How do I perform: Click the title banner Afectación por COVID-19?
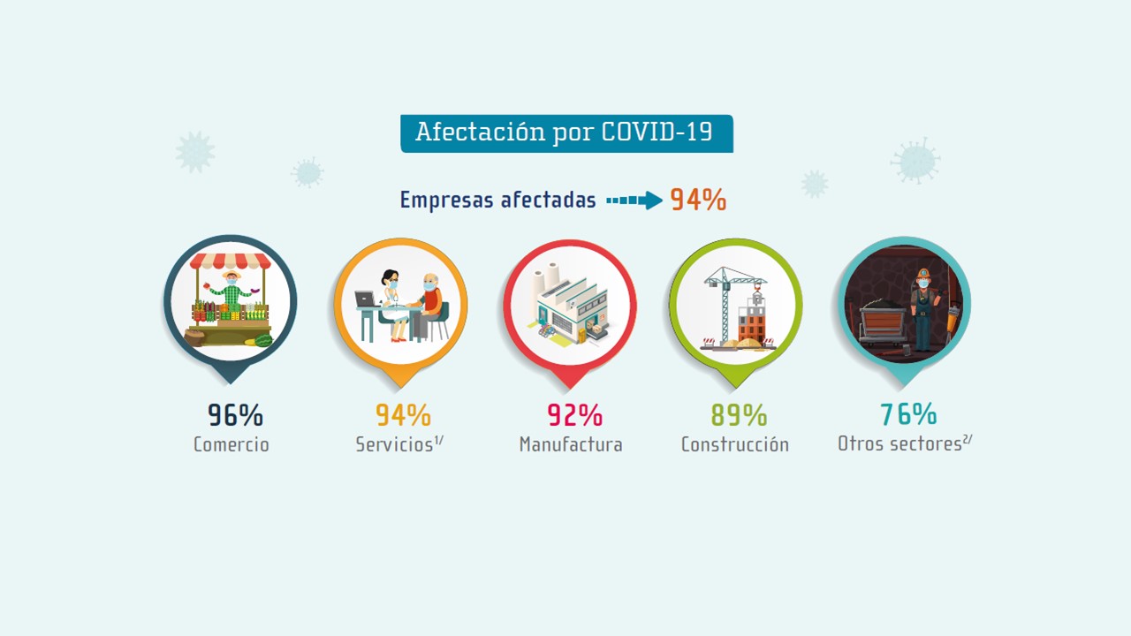click(x=565, y=133)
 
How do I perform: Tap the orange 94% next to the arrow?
click(x=698, y=200)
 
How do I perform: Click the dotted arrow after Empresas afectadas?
click(x=634, y=201)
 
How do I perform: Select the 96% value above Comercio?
click(x=235, y=414)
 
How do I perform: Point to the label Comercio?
click(x=232, y=444)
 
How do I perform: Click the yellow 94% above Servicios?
click(x=403, y=414)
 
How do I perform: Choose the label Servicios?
click(x=394, y=444)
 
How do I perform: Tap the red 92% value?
click(x=574, y=414)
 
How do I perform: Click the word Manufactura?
click(x=571, y=444)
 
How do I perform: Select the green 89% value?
click(x=739, y=414)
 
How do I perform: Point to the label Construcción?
click(x=734, y=444)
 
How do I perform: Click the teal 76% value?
click(x=908, y=413)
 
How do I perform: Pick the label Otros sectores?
click(x=899, y=443)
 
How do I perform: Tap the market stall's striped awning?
click(x=231, y=261)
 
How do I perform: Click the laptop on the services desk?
click(x=365, y=299)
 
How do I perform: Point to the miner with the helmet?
click(x=922, y=306)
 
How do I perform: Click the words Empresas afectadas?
click(x=497, y=201)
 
